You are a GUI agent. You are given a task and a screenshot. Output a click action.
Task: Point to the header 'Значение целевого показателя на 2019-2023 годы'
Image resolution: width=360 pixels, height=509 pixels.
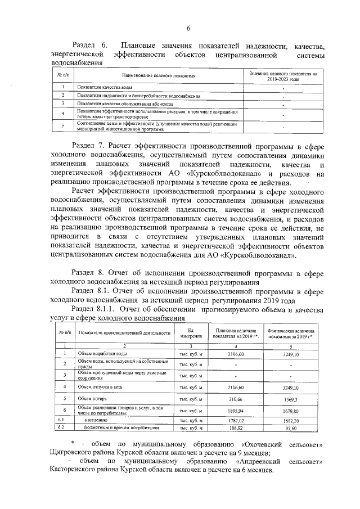(283, 75)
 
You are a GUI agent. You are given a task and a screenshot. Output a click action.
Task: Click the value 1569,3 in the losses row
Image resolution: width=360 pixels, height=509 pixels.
(290, 400)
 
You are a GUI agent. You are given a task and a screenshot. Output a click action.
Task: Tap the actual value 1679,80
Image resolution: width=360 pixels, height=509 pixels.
(290, 411)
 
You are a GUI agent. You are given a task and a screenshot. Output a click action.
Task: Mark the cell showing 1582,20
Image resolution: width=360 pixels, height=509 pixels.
(290, 420)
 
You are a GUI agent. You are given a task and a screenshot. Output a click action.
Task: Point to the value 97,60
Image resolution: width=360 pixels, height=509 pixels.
(290, 429)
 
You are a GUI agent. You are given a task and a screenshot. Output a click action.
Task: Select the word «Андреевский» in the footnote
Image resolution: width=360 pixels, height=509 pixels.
(256, 461)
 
